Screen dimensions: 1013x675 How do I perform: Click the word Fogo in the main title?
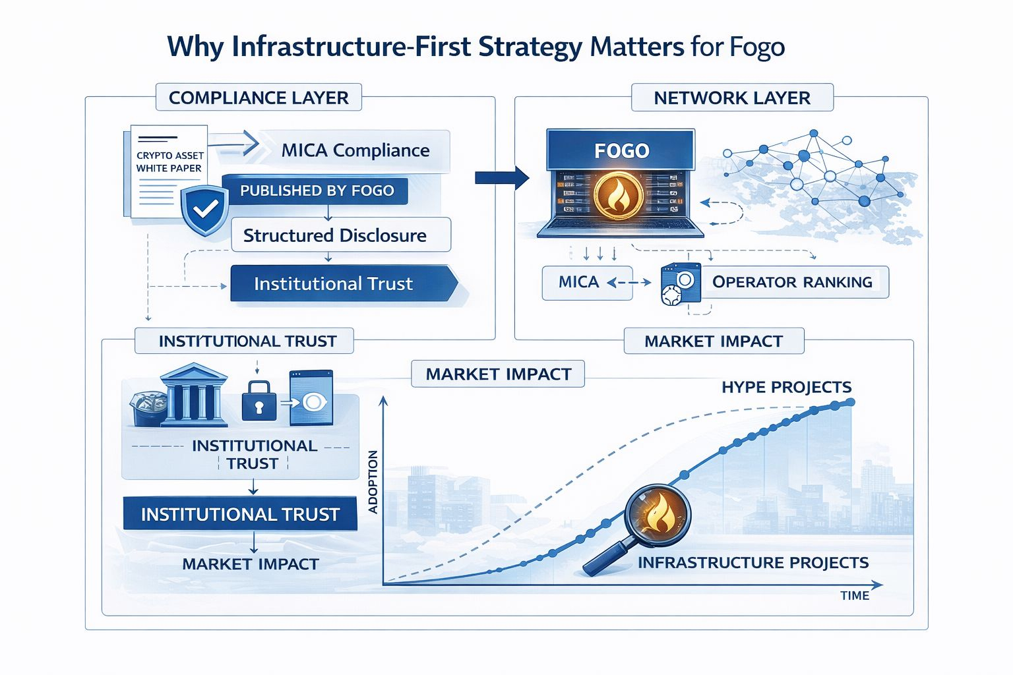[x=757, y=47]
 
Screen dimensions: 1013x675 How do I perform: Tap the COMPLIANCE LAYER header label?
[x=259, y=98]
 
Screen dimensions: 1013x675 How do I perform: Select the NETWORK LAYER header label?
[x=732, y=98]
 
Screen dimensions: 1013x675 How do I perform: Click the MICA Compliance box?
[x=355, y=151]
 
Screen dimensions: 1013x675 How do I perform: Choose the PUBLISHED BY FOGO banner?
[x=317, y=191]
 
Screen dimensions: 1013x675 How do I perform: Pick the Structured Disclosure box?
[x=335, y=235]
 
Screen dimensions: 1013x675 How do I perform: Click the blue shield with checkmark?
[x=205, y=210]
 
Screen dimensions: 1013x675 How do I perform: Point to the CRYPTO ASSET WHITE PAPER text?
[x=169, y=162]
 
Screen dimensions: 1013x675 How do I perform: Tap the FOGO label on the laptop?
[x=621, y=151]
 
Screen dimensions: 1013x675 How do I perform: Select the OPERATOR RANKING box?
[x=792, y=282]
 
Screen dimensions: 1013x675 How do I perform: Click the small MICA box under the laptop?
[x=579, y=282]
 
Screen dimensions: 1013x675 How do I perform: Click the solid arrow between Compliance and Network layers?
[x=502, y=177]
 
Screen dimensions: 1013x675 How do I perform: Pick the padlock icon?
[x=259, y=401]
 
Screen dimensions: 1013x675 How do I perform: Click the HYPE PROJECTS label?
[x=786, y=387]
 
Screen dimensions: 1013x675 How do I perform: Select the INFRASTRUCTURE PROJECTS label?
[x=753, y=562]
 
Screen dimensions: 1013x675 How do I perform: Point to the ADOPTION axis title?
[x=373, y=481]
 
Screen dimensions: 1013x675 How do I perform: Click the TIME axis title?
[x=855, y=596]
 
